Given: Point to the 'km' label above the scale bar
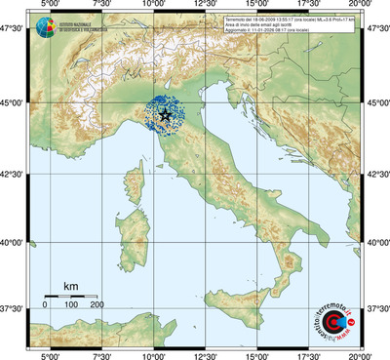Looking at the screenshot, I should tap(70, 286).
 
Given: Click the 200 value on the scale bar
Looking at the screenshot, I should tap(97, 306).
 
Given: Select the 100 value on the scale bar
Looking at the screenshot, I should tap(71, 306).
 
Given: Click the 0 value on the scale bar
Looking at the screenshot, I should tap(45, 306).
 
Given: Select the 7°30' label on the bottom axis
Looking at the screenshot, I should tap(100, 354).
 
